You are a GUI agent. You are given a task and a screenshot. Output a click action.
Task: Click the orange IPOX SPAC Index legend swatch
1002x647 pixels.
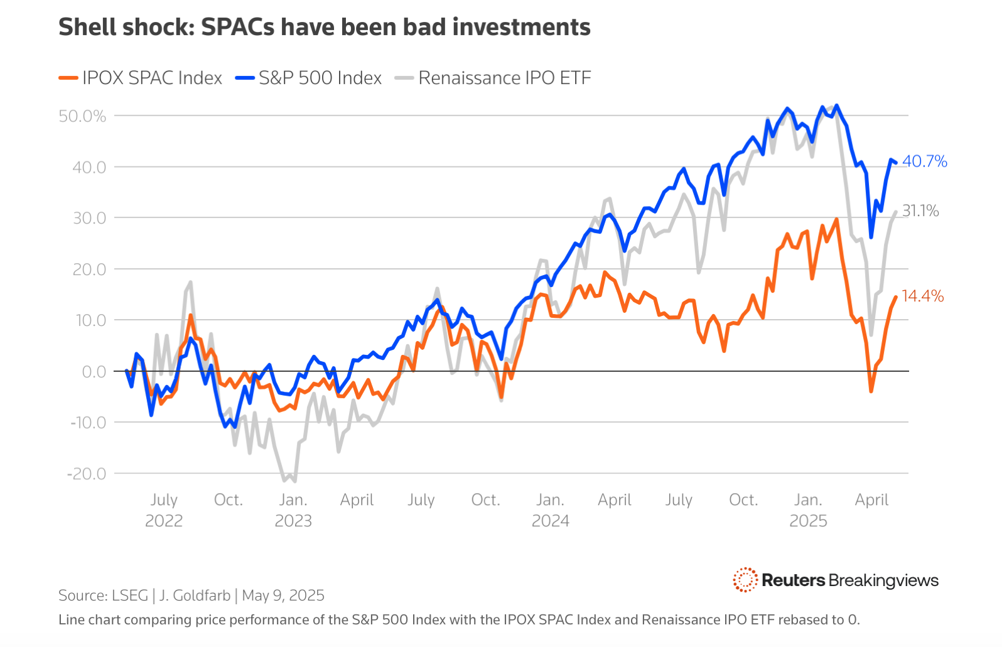pyautogui.click(x=68, y=79)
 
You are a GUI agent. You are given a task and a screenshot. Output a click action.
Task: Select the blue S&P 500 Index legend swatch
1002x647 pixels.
pyautogui.click(x=244, y=79)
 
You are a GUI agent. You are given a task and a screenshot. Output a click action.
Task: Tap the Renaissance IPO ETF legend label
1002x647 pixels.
pyautogui.click(x=504, y=78)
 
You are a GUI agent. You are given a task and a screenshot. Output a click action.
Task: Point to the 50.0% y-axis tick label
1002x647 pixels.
pyautogui.click(x=82, y=116)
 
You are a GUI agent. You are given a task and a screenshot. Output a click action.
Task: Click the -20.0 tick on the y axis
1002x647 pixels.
pyautogui.click(x=87, y=474)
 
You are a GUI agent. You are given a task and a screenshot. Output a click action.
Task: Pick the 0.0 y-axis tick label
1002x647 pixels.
pyautogui.click(x=94, y=372)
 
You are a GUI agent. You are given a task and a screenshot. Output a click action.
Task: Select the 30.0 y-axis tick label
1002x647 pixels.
pyautogui.click(x=89, y=218)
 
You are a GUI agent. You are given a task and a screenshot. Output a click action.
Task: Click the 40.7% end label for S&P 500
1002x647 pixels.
pyautogui.click(x=924, y=161)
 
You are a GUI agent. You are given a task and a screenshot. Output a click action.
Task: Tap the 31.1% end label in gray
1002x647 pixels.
pyautogui.click(x=920, y=211)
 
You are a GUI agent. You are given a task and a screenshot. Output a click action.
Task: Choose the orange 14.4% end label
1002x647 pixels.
pyautogui.click(x=922, y=296)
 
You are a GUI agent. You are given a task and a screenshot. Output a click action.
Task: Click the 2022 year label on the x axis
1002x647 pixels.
pyautogui.click(x=164, y=521)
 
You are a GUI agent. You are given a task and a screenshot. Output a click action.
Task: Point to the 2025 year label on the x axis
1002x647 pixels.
pyautogui.click(x=808, y=521)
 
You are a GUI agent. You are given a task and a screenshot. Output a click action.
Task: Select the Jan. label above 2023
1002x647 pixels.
pyautogui.click(x=293, y=500)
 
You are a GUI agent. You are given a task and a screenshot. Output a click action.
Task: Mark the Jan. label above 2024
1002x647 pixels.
pyautogui.click(x=550, y=500)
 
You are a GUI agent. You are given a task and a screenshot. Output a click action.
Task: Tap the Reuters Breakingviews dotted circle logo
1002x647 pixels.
pyautogui.click(x=745, y=580)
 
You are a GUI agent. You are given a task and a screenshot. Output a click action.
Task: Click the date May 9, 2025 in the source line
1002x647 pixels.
pyautogui.click(x=283, y=595)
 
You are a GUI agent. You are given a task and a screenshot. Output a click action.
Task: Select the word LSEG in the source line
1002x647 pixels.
pyautogui.click(x=130, y=595)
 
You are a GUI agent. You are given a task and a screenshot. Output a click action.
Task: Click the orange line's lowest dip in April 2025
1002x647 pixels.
pyautogui.click(x=871, y=391)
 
